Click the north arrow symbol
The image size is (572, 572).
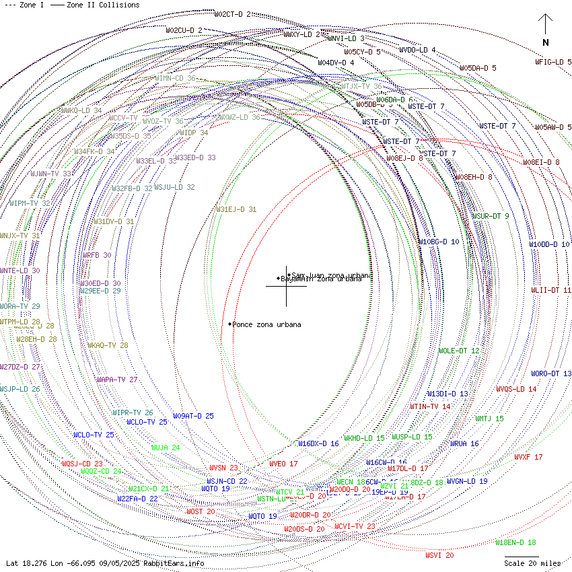point(545,27)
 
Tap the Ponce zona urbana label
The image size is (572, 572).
point(266,325)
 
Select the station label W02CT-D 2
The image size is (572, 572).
point(232,14)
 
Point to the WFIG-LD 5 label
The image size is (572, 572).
point(553,62)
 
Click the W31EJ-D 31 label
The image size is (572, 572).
point(236,209)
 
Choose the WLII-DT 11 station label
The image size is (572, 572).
point(550,290)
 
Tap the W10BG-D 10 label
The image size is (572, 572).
point(439,242)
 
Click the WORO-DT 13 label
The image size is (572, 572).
point(551,373)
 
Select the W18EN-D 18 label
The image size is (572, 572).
point(515,542)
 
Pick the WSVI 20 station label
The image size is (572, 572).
point(439,555)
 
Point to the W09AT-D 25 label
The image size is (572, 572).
point(193,416)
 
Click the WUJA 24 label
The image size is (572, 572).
point(166,448)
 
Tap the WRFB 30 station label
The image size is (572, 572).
point(97,256)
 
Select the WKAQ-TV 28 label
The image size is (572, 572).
point(108,345)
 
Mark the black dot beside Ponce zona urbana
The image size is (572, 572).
point(229,324)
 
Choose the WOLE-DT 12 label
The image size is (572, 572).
point(459,351)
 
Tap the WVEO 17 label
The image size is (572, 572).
point(283,464)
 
